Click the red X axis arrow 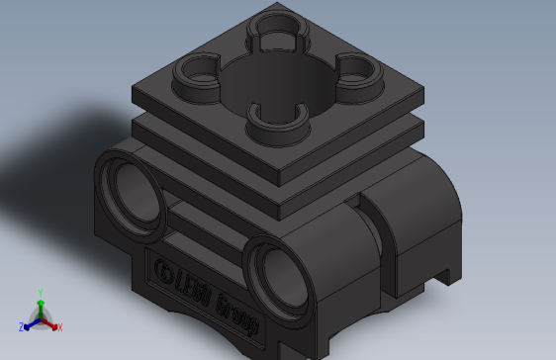[50, 322]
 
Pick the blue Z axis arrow [30, 322]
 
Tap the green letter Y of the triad [40, 293]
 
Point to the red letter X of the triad [59, 326]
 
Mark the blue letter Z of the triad [21, 326]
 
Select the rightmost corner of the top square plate [422, 96]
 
